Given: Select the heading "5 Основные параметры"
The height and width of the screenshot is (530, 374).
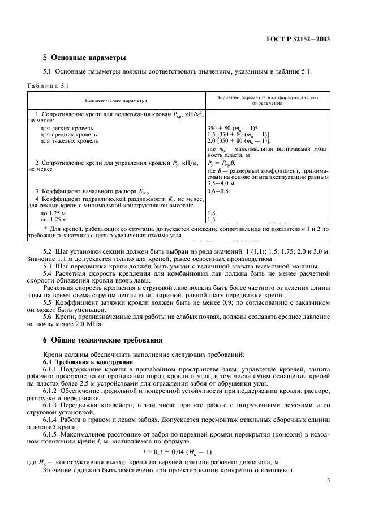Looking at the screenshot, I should click(x=84, y=58).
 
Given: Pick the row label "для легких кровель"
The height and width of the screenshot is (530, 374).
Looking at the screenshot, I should click(x=65, y=129).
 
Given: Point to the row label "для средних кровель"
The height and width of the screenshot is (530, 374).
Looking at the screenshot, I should click(x=65, y=135).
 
